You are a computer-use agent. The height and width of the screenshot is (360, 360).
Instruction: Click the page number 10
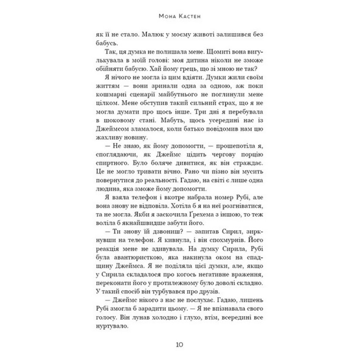(x=180, y=344)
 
